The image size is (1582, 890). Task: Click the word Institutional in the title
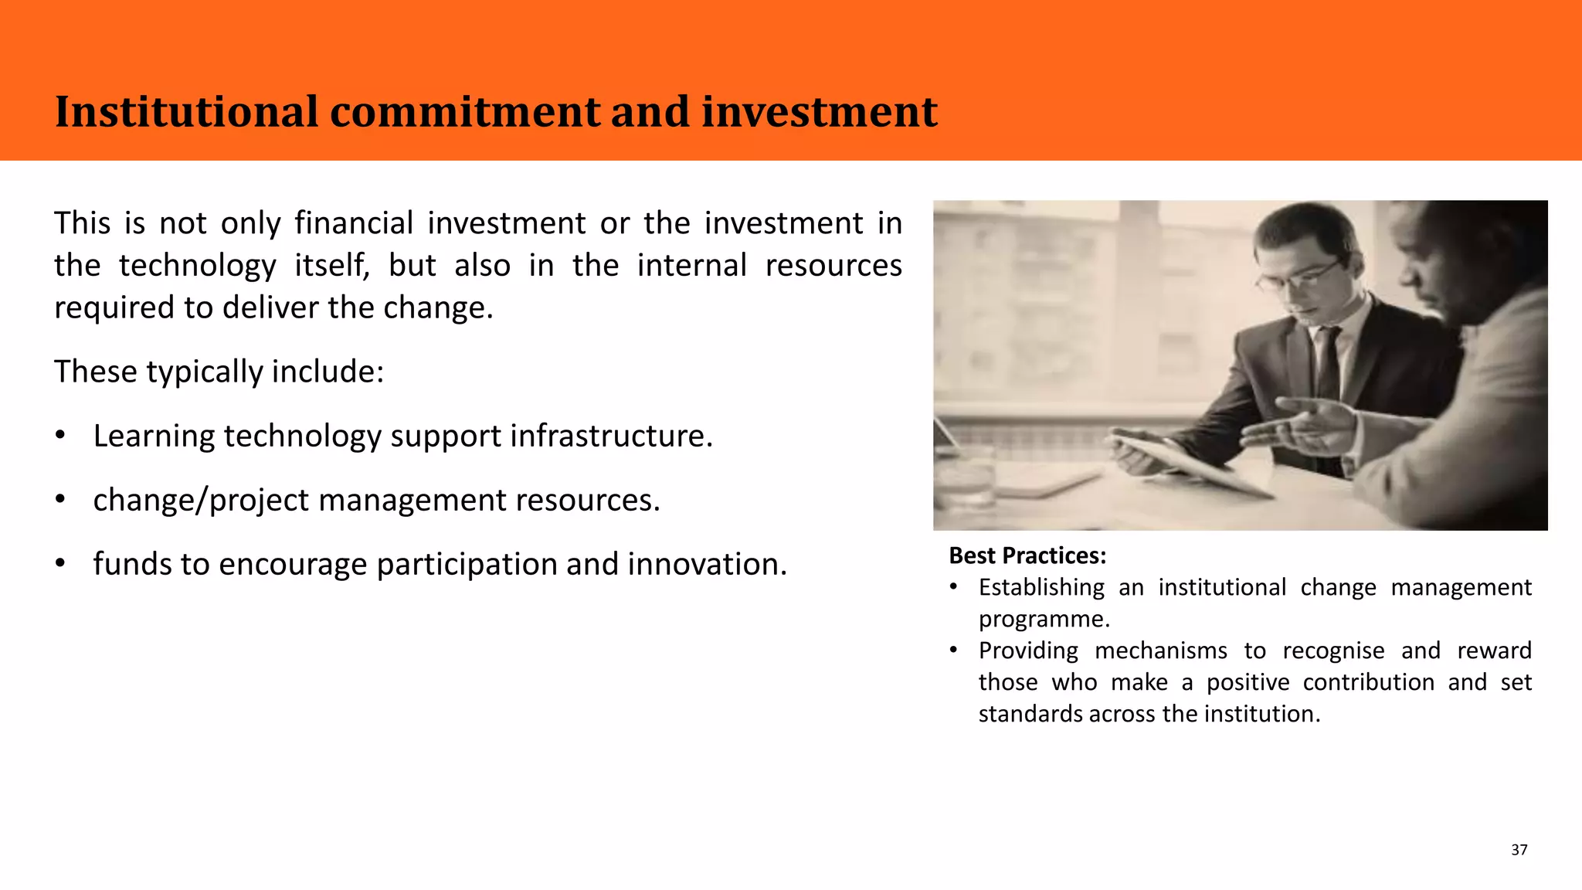click(x=186, y=112)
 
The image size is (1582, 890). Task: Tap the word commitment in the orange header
click(x=464, y=112)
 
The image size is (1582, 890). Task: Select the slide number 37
click(x=1519, y=850)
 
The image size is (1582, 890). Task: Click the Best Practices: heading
click(x=1027, y=555)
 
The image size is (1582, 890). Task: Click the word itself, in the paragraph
click(x=332, y=266)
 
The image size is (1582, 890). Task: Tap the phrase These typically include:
click(x=219, y=372)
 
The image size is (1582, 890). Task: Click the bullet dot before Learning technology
click(x=60, y=437)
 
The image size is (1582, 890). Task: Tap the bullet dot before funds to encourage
click(x=60, y=565)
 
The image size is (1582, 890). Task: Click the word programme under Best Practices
click(x=1043, y=620)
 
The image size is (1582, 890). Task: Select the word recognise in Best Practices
click(x=1333, y=651)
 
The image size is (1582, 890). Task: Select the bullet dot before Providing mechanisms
click(x=954, y=651)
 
